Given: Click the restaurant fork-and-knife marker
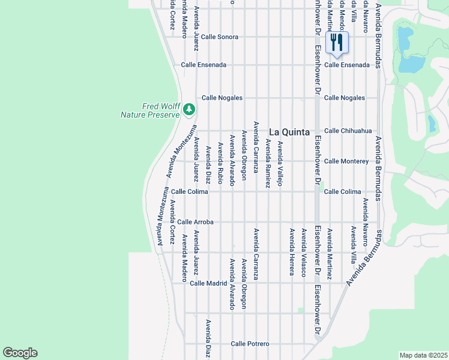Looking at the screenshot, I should point(337,43).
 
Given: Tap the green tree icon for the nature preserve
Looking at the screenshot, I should point(189,109).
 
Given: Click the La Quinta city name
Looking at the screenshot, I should point(289,132).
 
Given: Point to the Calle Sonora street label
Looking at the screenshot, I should point(220,37).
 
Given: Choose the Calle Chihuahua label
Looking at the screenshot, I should point(348,131).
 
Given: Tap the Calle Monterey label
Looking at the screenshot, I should point(346,161).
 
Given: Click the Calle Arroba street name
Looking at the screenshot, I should point(196,222).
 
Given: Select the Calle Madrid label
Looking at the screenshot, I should point(208,283).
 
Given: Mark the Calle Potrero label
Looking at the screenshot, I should point(250,344).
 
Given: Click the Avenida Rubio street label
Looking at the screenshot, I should point(220,163).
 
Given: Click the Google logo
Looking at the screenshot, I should point(20,353).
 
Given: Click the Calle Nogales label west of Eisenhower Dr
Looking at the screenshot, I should point(222,98).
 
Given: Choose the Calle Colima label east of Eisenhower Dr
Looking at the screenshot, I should point(343,192).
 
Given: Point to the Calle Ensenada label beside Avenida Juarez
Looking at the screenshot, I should point(204,65).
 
